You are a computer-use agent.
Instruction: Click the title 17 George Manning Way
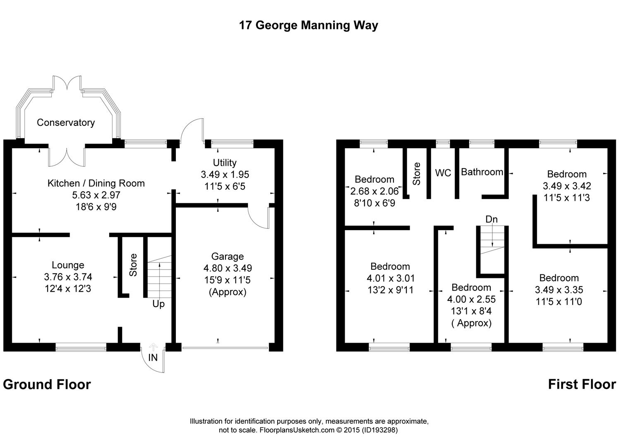click(308, 25)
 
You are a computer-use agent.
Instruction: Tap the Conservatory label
click(66, 123)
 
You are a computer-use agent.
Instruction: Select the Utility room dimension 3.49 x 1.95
click(225, 174)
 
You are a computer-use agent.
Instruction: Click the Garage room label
click(228, 257)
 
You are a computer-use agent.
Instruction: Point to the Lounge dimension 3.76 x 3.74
click(68, 277)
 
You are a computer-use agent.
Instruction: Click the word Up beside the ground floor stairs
click(158, 304)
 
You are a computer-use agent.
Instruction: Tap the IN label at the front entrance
click(153, 358)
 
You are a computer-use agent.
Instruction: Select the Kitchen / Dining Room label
click(96, 183)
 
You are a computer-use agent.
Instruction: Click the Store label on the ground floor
click(133, 265)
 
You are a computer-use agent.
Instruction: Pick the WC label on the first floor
click(443, 173)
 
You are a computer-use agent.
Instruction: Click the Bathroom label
click(482, 172)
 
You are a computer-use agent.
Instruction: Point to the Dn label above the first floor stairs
click(492, 219)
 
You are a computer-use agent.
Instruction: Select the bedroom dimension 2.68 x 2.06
click(374, 191)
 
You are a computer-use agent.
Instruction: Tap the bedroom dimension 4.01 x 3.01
click(391, 278)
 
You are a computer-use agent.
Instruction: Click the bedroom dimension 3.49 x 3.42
click(567, 186)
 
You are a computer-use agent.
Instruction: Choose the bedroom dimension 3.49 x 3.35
click(559, 289)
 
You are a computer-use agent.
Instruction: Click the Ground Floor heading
click(47, 385)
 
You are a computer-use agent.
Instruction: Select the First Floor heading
click(582, 384)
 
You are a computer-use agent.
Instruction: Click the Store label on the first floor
click(416, 173)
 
